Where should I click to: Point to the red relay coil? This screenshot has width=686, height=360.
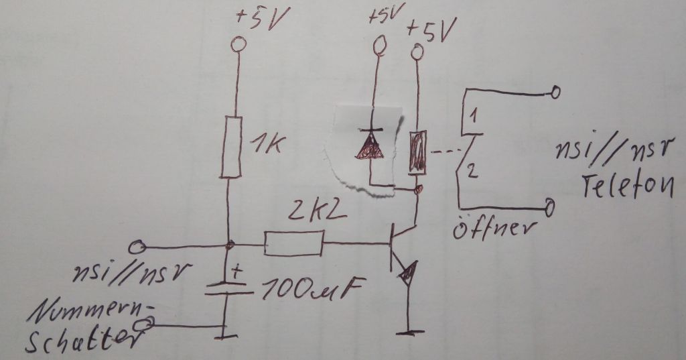point(417,152)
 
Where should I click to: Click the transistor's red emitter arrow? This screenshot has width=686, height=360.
point(407,272)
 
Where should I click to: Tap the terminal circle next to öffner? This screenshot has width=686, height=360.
point(550,208)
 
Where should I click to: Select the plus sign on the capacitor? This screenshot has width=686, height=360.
point(236,272)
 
